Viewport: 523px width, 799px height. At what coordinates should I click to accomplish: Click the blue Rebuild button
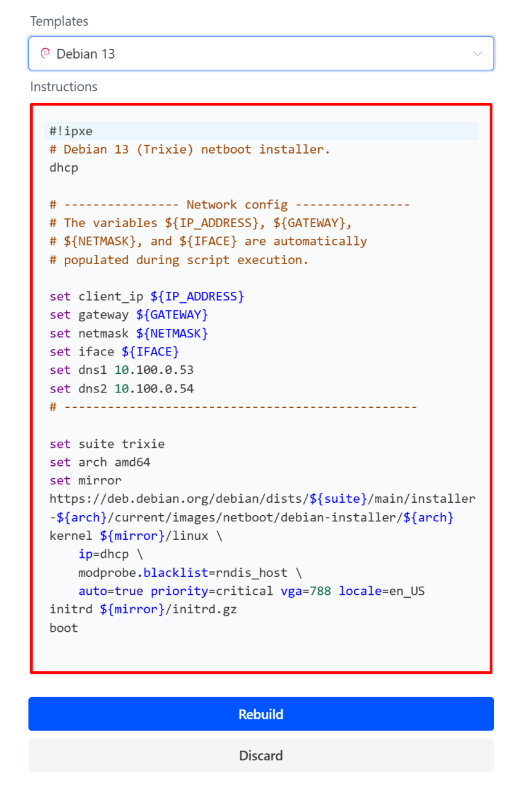pos(261,714)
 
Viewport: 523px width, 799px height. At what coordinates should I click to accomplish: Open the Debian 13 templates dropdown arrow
pos(477,54)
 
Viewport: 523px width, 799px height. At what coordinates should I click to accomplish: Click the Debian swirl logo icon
pos(44,54)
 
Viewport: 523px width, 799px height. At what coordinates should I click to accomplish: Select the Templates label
pos(59,21)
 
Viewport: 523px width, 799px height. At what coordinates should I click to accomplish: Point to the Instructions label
pos(64,86)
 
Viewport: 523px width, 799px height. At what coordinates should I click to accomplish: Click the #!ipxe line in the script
pos(71,131)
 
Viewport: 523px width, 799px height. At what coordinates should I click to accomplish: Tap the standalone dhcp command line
pos(64,167)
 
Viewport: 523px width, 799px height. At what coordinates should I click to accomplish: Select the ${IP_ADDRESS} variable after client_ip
pos(197,296)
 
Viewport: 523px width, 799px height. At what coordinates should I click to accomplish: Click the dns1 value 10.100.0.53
pos(154,370)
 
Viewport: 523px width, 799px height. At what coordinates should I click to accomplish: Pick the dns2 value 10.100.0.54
pos(154,389)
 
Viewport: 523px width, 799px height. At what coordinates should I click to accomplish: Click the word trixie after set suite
pos(143,444)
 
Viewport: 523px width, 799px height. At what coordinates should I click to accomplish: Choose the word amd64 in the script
pos(132,462)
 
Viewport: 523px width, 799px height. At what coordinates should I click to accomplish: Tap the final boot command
pos(64,628)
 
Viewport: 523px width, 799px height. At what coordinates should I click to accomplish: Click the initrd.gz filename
pos(208,610)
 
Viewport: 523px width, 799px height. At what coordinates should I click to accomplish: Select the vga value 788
pos(320,591)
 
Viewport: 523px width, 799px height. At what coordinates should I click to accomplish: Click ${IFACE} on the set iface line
pos(150,352)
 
